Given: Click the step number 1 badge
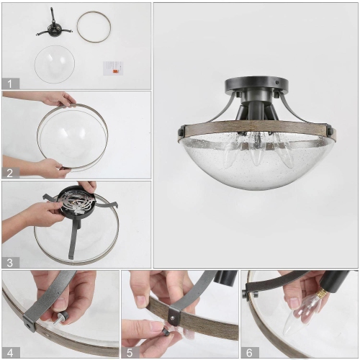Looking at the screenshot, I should (x=9, y=84).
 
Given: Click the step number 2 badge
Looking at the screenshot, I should (x=9, y=173).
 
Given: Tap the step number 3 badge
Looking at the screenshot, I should (x=9, y=262).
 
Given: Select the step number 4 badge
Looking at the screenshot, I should (x=9, y=351).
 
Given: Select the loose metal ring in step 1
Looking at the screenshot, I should (x=94, y=27).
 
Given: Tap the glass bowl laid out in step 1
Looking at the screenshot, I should (x=54, y=63).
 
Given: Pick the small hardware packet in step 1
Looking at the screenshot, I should (x=113, y=68).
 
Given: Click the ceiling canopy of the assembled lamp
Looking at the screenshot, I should (x=255, y=84).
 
